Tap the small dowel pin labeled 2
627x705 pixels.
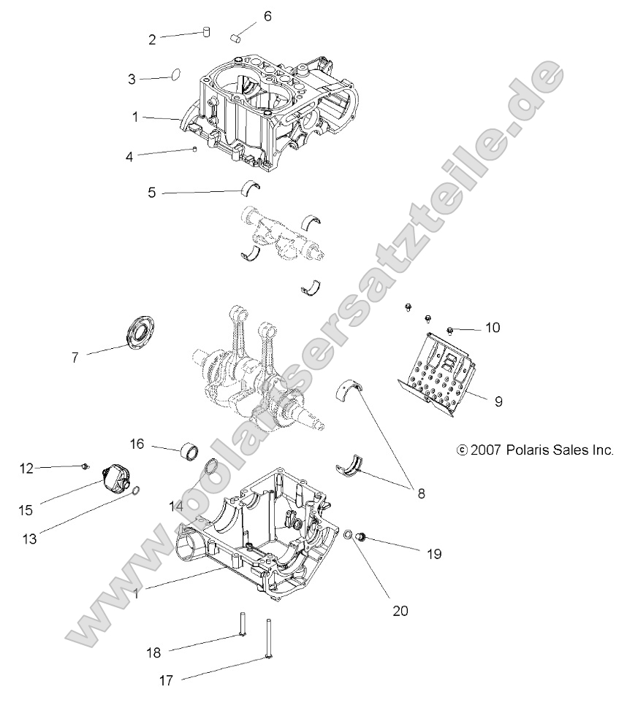click(x=206, y=31)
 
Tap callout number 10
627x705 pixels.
click(x=493, y=328)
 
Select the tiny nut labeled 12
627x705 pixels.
click(x=86, y=466)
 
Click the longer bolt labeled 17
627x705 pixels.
click(x=270, y=639)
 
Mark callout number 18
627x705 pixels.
click(x=154, y=651)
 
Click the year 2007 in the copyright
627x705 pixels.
click(x=486, y=450)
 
